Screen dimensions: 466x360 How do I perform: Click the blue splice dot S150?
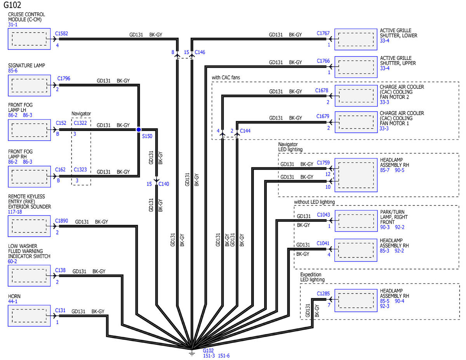[x=139, y=129]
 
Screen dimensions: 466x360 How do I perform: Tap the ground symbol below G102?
[x=192, y=353]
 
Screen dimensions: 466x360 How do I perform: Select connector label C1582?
[x=61, y=33]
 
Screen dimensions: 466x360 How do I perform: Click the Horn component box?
[x=29, y=316]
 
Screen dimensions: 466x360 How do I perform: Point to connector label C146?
[x=200, y=52]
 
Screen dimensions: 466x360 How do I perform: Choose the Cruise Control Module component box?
[x=29, y=39]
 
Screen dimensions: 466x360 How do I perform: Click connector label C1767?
[x=323, y=33]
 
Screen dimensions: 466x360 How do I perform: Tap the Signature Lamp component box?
[x=30, y=85]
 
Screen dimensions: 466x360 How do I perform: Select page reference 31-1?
[x=13, y=24]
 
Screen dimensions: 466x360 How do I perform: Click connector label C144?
[x=245, y=131]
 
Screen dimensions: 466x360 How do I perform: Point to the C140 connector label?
[x=163, y=184]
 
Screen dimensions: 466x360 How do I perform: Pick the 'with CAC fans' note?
[x=226, y=77]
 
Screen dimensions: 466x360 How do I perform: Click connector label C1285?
[x=323, y=294]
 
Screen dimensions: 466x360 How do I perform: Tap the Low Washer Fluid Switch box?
[x=29, y=275]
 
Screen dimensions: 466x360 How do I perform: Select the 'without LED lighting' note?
[x=314, y=202]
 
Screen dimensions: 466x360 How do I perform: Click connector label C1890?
[x=61, y=221]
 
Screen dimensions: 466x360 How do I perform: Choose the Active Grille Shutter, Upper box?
[x=356, y=67]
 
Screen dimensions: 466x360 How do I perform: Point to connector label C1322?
[x=80, y=123]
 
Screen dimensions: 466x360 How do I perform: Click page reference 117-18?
[x=15, y=212]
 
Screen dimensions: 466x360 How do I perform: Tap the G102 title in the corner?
[x=12, y=5]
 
